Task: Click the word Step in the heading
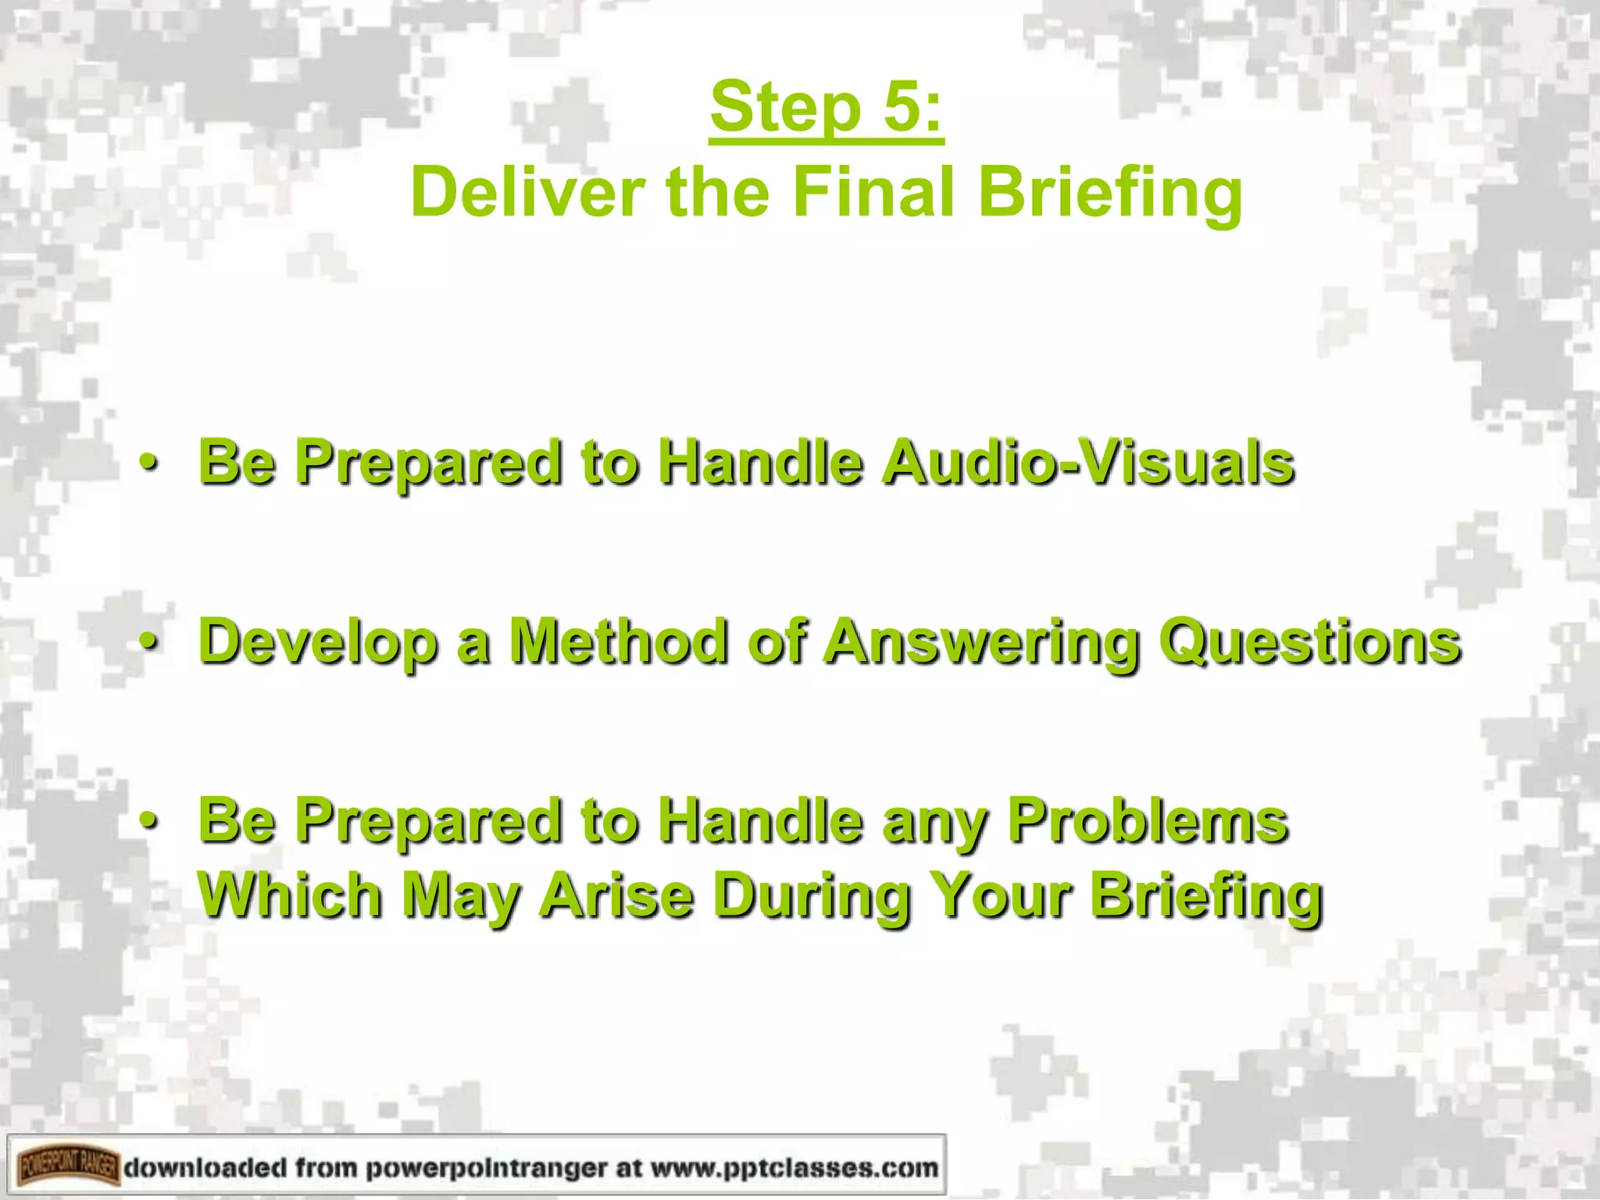click(x=784, y=110)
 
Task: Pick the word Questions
click(x=1309, y=643)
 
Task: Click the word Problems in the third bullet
click(x=1148, y=821)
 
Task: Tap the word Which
click(x=290, y=895)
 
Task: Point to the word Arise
click(x=617, y=895)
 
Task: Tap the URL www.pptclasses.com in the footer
click(x=794, y=1169)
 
